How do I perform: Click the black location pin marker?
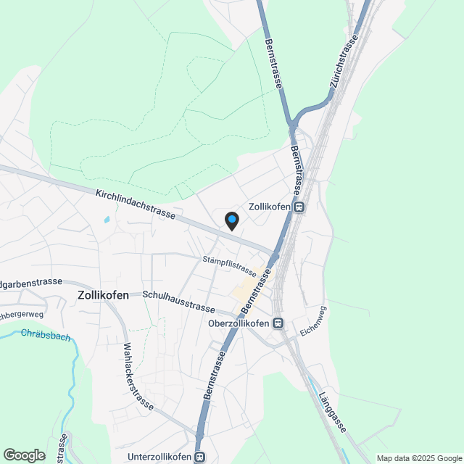pyautogui.click(x=231, y=220)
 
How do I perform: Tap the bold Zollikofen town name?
pyautogui.click(x=103, y=295)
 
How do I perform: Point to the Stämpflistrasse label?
pyautogui.click(x=230, y=265)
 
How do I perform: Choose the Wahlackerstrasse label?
pyautogui.click(x=138, y=376)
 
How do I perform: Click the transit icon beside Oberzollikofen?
pyautogui.click(x=278, y=323)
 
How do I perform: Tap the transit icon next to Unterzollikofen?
pyautogui.click(x=199, y=457)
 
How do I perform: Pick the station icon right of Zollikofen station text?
pyautogui.click(x=299, y=207)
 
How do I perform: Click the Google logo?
pyautogui.click(x=24, y=455)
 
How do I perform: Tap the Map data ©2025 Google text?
pyautogui.click(x=419, y=458)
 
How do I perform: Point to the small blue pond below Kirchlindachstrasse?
pyautogui.click(x=107, y=218)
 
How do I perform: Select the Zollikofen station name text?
pyautogui.click(x=270, y=207)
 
